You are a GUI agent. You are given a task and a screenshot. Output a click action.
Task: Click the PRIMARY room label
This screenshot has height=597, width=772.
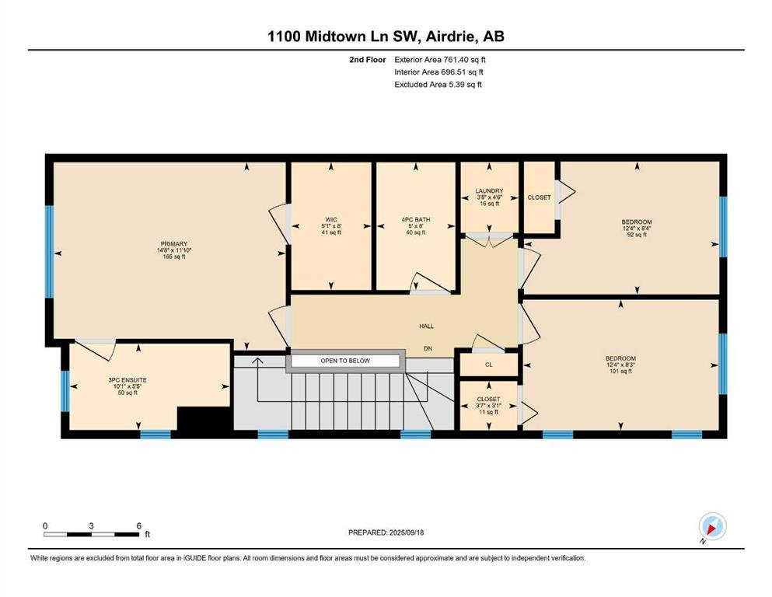coord(174,243)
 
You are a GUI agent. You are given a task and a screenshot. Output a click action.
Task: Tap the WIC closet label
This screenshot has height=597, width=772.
coord(331,219)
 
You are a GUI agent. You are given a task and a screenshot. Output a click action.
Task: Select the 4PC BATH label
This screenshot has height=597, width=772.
coord(416,219)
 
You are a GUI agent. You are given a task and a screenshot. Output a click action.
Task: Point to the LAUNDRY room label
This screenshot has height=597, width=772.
coord(489,191)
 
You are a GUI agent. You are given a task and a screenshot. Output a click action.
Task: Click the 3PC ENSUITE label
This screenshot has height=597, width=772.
coord(128,380)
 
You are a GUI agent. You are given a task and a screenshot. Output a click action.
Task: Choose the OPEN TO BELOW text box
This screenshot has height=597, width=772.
coord(345,361)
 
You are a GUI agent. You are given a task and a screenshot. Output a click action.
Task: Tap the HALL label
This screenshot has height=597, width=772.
coord(426,326)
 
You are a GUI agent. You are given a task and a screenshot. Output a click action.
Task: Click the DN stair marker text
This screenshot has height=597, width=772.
coord(428,348)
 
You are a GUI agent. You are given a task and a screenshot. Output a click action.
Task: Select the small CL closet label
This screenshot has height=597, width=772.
coord(489,365)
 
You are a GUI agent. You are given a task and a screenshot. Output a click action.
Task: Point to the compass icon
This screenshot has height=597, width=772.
coord(712,526)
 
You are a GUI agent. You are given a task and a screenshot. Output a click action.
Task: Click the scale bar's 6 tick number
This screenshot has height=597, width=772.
coord(139,525)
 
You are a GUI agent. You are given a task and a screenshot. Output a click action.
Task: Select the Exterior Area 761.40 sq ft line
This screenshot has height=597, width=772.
coord(440,60)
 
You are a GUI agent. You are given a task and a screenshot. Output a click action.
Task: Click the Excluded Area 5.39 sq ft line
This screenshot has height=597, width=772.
coord(438,84)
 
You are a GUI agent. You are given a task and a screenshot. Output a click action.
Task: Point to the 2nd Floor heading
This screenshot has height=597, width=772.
coord(367,60)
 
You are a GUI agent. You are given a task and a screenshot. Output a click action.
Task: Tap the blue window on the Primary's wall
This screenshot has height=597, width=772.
coord(49,251)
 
